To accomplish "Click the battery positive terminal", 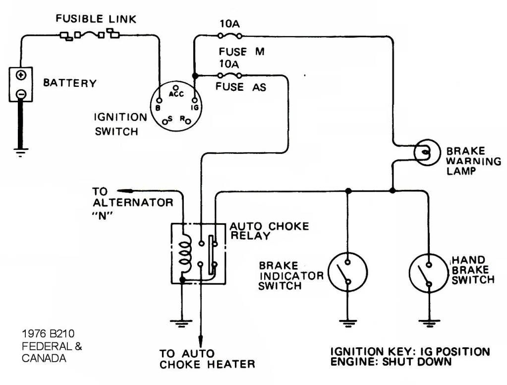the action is pyautogui.click(x=21, y=75).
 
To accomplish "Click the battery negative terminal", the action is pyautogui.click(x=21, y=94).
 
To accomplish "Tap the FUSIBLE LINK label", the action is pyautogui.click(x=96, y=19).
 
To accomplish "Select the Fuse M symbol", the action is pyautogui.click(x=229, y=35).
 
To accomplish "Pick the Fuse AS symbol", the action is pyautogui.click(x=229, y=75).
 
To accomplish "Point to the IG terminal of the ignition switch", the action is pyautogui.click(x=194, y=100).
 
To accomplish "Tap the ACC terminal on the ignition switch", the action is pyautogui.click(x=175, y=87).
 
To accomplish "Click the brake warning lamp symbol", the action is pyautogui.click(x=427, y=152).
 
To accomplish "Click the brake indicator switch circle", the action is pyautogui.click(x=347, y=272).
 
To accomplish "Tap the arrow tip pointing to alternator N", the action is pyautogui.click(x=117, y=190).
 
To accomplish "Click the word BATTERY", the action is pyautogui.click(x=70, y=83).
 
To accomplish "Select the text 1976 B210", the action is pyautogui.click(x=48, y=333).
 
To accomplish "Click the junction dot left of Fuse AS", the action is pyautogui.click(x=195, y=76).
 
